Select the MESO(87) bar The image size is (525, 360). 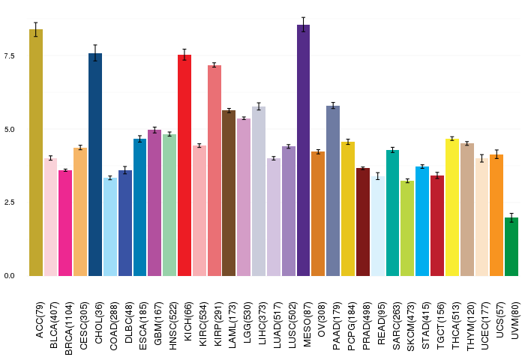(304, 150)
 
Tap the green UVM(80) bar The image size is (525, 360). (511, 247)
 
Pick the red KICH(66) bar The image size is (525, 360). (184, 165)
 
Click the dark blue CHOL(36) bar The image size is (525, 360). (95, 164)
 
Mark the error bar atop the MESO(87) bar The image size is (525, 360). (304, 25)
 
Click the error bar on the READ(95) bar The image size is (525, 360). (378, 176)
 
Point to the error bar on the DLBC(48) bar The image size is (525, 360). (125, 170)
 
